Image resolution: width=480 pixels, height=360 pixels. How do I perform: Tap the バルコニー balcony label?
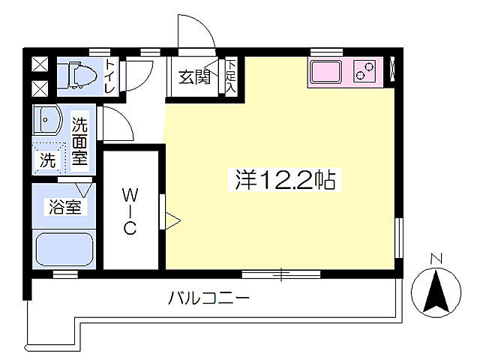208,298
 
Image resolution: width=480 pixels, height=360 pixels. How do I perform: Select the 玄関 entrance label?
193,76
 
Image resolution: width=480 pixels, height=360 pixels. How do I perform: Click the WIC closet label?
130,211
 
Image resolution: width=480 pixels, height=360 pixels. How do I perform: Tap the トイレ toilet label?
109,76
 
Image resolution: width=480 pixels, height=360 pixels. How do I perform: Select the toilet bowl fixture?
77,75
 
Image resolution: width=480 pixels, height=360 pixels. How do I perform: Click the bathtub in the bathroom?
64,249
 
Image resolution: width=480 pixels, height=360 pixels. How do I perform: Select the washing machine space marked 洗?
48,159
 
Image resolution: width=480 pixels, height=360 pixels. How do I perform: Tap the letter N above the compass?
437,260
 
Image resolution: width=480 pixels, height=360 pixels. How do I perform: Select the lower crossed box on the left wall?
38,89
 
